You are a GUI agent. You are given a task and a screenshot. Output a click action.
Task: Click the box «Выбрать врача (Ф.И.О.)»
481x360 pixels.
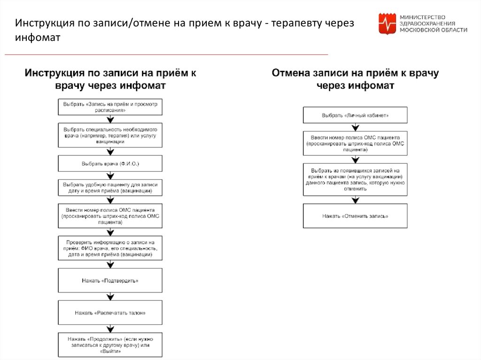110,164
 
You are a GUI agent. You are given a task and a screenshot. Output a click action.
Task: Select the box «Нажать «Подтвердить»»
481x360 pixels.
110,280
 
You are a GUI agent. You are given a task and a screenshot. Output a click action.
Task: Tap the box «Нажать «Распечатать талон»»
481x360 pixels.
110,312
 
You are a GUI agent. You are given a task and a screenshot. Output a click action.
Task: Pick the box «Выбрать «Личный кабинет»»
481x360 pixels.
355,115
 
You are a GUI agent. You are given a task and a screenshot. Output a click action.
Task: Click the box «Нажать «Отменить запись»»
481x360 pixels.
355,216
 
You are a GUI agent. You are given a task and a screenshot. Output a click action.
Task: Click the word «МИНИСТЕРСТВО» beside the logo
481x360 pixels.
423,16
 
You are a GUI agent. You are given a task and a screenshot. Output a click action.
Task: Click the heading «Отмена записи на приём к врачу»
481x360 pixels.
355,73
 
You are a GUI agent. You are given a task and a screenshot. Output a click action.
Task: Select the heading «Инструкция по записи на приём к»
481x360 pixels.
110,73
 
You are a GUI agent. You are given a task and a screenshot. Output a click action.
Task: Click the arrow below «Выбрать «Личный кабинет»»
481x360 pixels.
355,127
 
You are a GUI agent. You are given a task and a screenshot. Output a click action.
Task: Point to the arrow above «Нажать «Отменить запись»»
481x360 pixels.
355,199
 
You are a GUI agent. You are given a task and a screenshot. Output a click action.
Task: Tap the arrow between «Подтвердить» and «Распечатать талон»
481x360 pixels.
110,296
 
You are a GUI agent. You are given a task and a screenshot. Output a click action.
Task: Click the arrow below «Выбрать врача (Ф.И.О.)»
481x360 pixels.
110,175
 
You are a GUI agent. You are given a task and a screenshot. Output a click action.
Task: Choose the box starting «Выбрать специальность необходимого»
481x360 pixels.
110,135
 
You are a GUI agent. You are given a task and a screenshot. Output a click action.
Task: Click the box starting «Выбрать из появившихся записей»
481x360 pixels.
355,179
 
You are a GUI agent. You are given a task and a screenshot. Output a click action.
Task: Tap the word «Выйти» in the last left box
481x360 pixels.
110,351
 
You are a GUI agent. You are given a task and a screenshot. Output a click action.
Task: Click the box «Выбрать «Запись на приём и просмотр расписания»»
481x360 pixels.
110,107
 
